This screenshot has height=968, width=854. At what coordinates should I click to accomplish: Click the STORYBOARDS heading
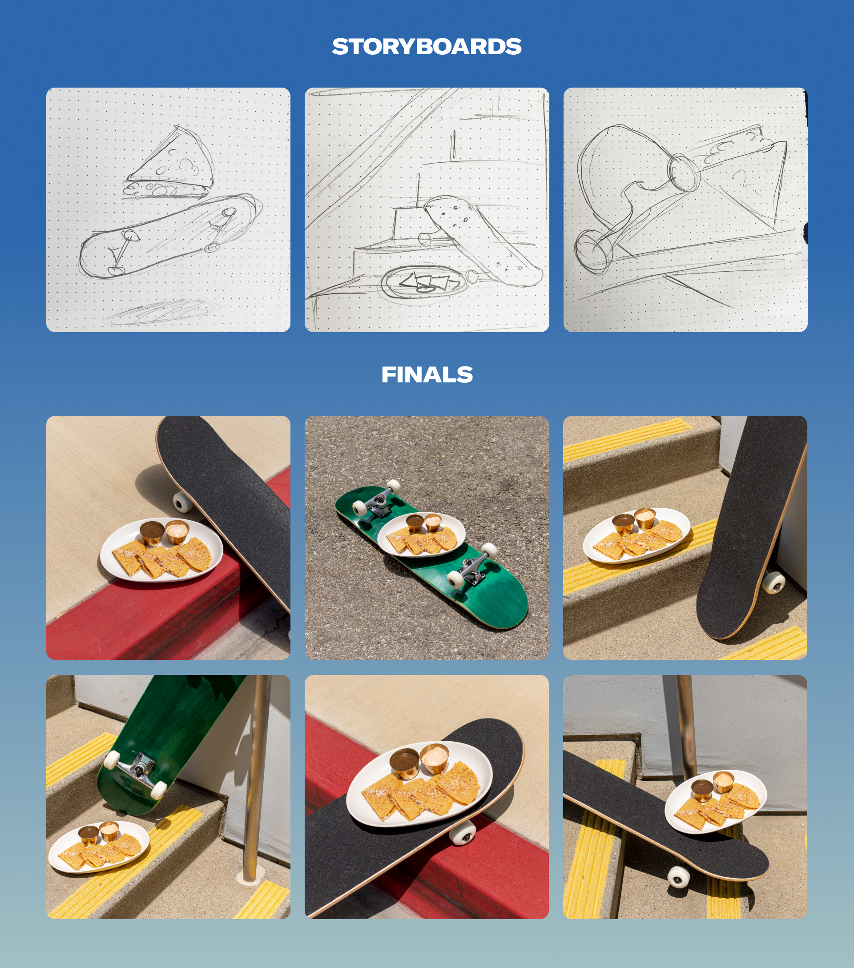tap(426, 46)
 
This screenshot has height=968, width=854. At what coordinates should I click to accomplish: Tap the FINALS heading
tap(427, 374)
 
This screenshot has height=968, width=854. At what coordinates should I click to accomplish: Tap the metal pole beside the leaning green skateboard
tap(254, 777)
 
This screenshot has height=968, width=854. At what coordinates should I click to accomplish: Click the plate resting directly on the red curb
tap(161, 550)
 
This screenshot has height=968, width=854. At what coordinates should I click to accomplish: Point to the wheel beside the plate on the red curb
tap(183, 502)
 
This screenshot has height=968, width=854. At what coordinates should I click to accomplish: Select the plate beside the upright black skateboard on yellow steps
tap(636, 536)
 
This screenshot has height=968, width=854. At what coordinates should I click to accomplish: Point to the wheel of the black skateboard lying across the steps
tap(679, 876)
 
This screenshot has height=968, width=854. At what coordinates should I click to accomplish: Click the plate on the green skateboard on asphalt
tap(421, 534)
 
